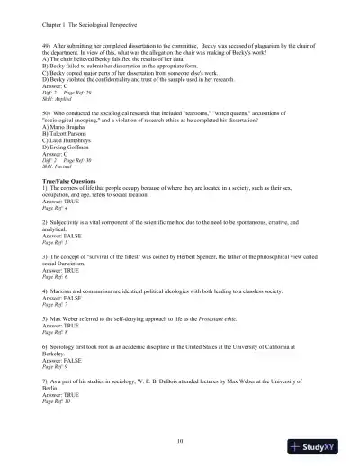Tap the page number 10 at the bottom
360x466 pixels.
[180, 440]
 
